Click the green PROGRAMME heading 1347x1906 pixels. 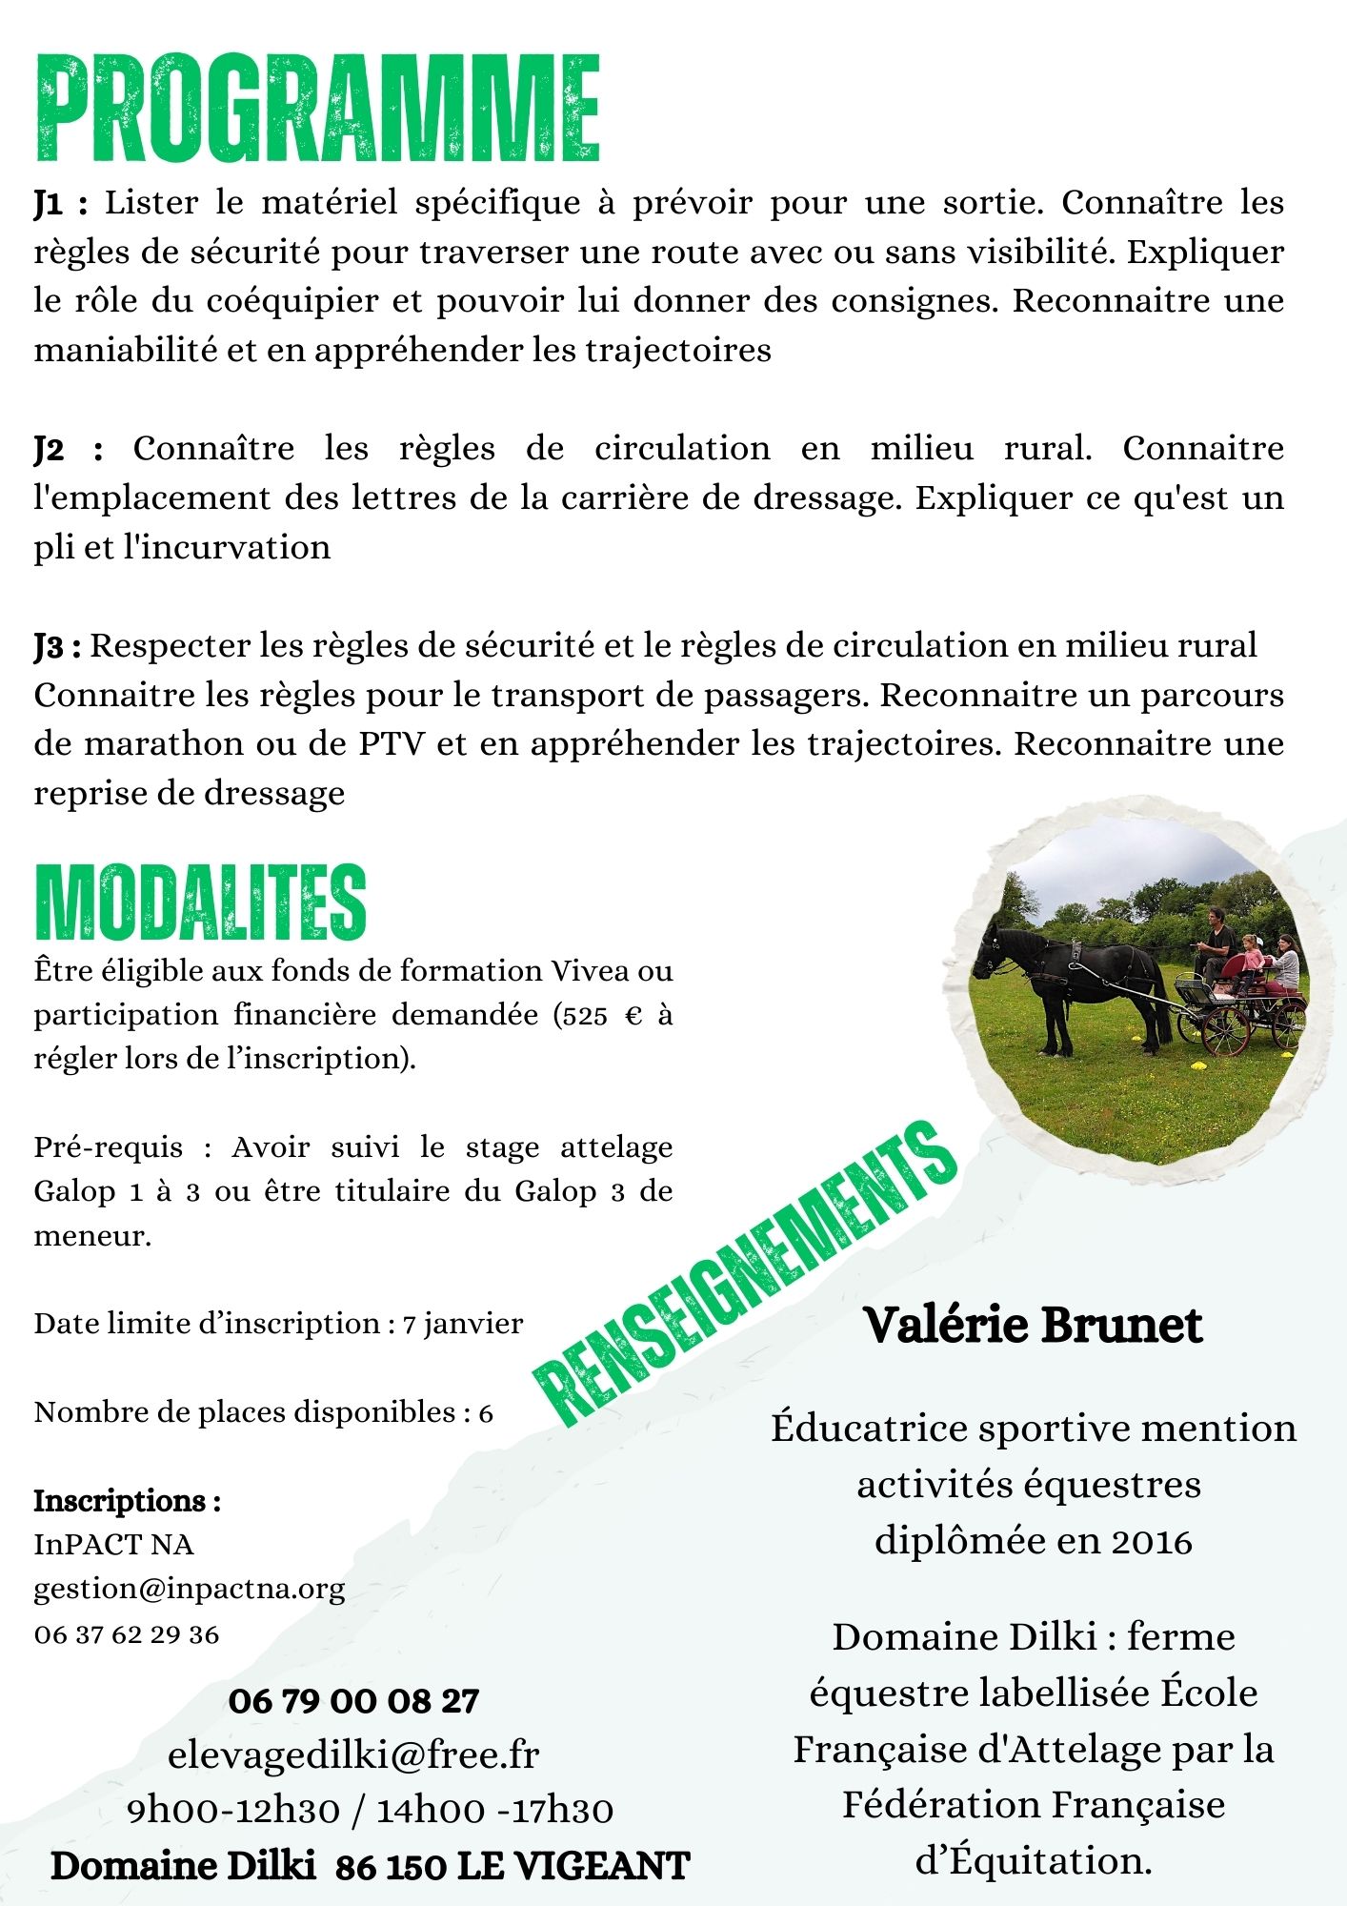click(317, 110)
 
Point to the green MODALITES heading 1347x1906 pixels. click(200, 902)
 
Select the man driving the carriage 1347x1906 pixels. click(1216, 939)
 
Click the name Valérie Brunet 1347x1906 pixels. click(1033, 1325)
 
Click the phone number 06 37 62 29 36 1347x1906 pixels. click(127, 1635)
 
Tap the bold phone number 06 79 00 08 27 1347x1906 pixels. click(353, 1701)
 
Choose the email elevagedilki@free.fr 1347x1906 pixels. click(353, 1754)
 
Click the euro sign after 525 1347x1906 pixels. click(633, 1016)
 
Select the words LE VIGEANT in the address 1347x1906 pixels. click(573, 1866)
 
